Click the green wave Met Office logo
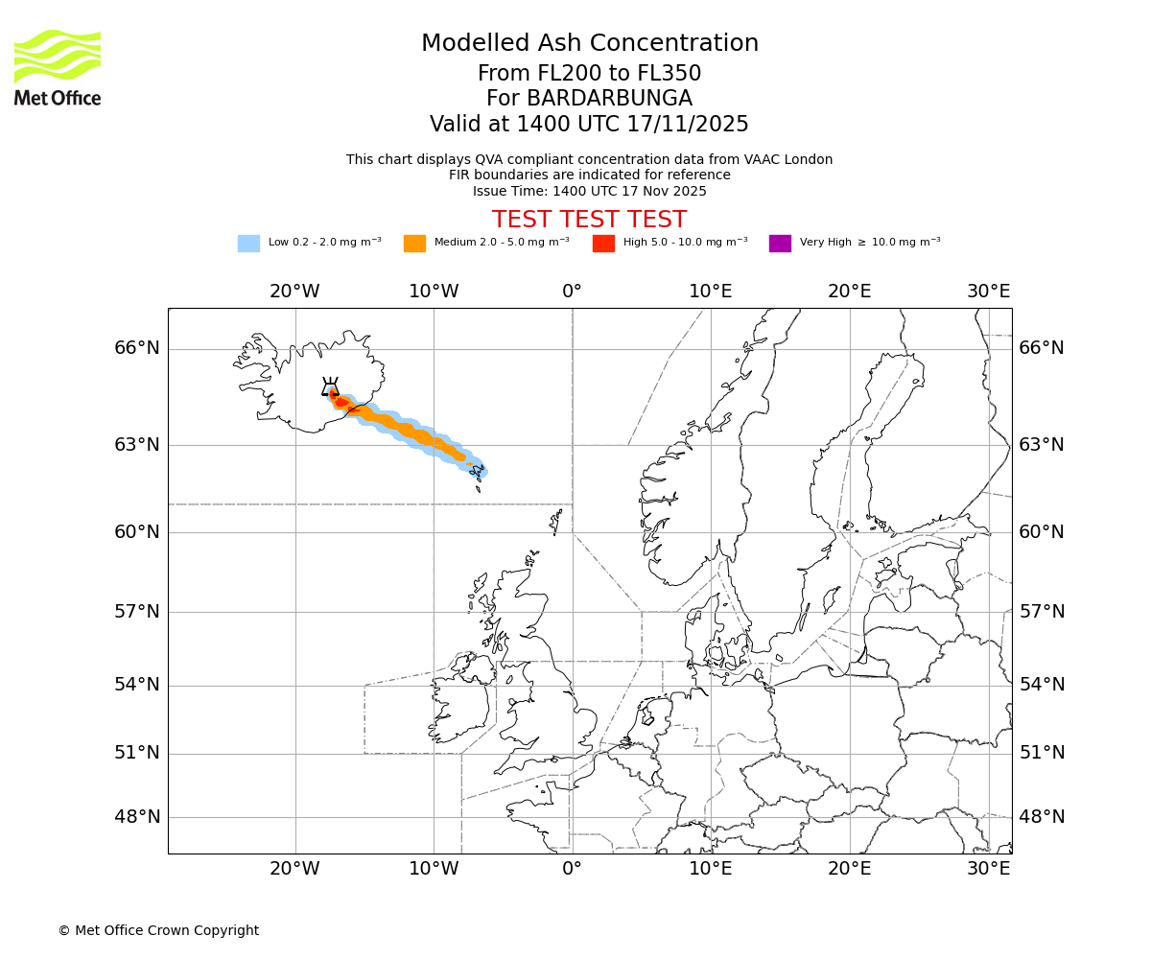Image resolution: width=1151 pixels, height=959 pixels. pyautogui.click(x=58, y=56)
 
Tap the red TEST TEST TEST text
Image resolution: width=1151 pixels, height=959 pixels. pyautogui.click(x=589, y=220)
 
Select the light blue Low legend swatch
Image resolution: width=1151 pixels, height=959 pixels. pyautogui.click(x=248, y=244)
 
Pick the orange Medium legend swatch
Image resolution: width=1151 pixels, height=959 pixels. pyautogui.click(x=414, y=244)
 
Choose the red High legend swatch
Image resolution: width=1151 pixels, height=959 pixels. pyautogui.click(x=603, y=244)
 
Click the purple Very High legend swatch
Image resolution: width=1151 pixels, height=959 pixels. pyautogui.click(x=780, y=244)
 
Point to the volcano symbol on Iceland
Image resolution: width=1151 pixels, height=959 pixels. pyautogui.click(x=330, y=387)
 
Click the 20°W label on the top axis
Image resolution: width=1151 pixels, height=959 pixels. pyautogui.click(x=294, y=292)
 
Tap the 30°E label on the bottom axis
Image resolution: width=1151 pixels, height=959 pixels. pyautogui.click(x=989, y=869)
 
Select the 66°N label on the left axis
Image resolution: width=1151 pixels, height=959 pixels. pyautogui.click(x=137, y=348)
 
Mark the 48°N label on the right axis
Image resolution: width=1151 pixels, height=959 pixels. pyautogui.click(x=1042, y=817)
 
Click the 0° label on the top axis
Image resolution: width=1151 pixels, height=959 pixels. pyautogui.click(x=572, y=292)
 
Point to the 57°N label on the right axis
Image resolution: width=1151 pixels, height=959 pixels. pyautogui.click(x=1042, y=612)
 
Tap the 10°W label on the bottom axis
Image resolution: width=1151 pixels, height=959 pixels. pyautogui.click(x=434, y=869)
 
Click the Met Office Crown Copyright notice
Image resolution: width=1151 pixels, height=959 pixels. pyautogui.click(x=158, y=930)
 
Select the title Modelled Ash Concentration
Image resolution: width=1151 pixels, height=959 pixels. pyautogui.click(x=589, y=44)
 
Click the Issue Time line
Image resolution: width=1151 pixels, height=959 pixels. pyautogui.click(x=589, y=191)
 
